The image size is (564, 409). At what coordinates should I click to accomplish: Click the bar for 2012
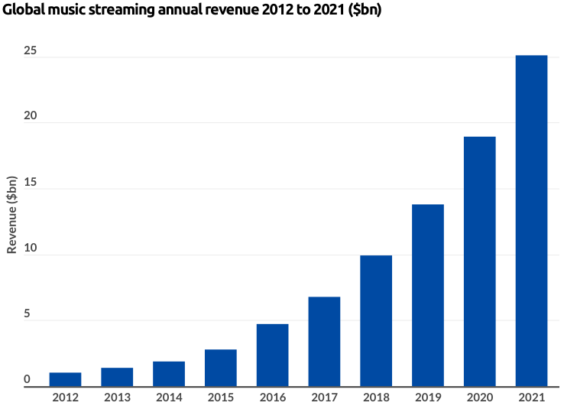tap(65, 379)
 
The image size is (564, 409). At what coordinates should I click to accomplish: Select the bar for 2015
tap(221, 368)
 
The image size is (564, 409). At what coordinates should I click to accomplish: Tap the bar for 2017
tap(324, 342)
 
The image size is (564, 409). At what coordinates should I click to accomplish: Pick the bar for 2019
tap(428, 295)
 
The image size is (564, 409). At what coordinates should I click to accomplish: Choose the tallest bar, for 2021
tap(531, 221)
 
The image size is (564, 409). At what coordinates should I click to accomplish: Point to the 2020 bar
tap(480, 261)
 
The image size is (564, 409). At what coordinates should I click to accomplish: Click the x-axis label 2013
tap(117, 398)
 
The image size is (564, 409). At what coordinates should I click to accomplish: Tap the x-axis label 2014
tap(169, 398)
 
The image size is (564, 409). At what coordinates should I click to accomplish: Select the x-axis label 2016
tap(272, 398)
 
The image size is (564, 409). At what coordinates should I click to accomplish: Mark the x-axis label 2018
tap(376, 398)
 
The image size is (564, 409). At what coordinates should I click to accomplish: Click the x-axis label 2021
tap(531, 398)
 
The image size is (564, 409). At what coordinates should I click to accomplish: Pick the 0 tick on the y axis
tap(28, 380)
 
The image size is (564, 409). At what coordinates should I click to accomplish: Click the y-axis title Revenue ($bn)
tap(12, 214)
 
